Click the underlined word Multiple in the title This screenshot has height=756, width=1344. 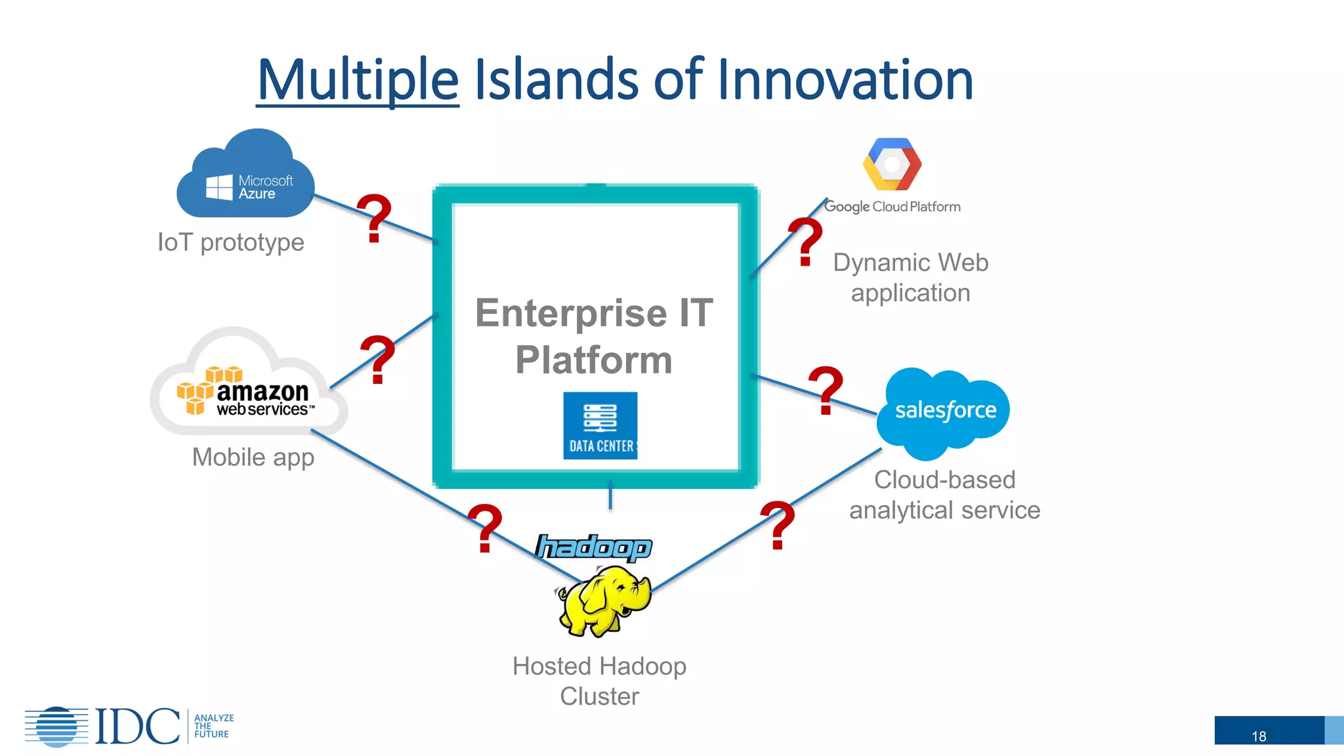point(358,80)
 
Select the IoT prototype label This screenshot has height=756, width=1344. point(231,242)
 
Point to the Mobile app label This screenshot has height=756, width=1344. point(253,457)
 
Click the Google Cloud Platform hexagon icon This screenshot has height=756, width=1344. point(892,164)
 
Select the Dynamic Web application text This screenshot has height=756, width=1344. point(910,278)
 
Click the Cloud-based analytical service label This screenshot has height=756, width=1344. point(944,495)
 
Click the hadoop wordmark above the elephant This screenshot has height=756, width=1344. point(594,547)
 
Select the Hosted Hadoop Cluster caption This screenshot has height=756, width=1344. point(599,681)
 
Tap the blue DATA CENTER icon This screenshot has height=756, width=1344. point(600,425)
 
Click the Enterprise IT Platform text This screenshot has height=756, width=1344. point(594,336)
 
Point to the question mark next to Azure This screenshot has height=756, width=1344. point(375,218)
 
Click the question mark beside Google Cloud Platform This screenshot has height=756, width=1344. point(805,241)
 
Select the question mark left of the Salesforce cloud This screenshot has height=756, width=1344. point(826,390)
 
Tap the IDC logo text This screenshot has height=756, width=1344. point(137,726)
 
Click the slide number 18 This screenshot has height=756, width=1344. point(1259,736)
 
